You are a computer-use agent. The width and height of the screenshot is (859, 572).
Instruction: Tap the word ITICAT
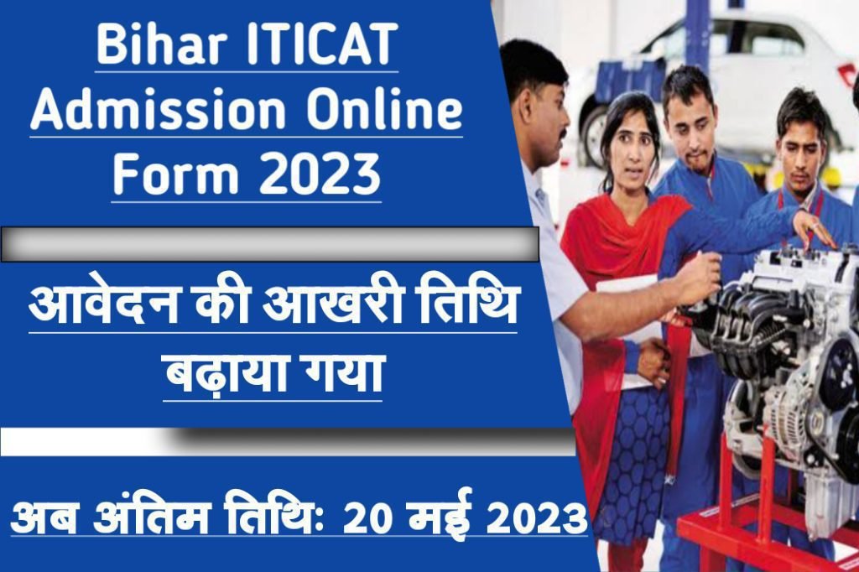[320, 44]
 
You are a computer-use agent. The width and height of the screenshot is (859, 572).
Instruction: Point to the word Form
[176, 174]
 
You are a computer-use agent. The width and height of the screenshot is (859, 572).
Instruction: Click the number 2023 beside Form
[320, 174]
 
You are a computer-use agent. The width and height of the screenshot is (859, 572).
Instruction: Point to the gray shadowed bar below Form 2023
[269, 244]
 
